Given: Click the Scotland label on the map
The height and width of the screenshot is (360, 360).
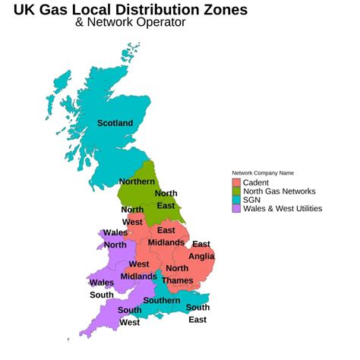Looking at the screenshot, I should [x=115, y=123].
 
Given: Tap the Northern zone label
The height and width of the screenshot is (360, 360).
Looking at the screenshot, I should [x=137, y=182].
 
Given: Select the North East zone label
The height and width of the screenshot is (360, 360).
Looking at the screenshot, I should [x=166, y=199].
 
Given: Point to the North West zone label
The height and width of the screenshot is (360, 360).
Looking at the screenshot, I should [x=132, y=216].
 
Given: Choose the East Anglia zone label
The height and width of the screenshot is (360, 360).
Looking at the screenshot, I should [x=201, y=250].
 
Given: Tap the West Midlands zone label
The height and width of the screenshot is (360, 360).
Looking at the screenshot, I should [x=138, y=270].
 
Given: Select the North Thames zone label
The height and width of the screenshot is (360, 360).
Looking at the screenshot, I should [x=177, y=274].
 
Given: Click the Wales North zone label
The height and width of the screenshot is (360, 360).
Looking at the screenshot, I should [x=115, y=238].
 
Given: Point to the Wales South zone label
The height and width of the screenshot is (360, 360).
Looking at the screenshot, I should [x=101, y=289].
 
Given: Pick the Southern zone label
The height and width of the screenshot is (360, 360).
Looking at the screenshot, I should [x=162, y=301].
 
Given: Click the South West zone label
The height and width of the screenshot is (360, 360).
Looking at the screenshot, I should [x=129, y=316].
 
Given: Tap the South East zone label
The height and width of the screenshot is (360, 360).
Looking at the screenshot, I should [x=197, y=313].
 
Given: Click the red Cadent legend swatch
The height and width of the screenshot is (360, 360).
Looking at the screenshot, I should [x=236, y=182].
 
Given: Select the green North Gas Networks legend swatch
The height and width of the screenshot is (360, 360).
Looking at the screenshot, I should [x=236, y=191].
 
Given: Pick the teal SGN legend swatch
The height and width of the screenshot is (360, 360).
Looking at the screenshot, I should [x=236, y=200].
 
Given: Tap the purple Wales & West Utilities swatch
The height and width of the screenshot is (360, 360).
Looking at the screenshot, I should [x=236, y=208].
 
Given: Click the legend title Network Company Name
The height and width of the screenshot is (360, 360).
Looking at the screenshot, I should [x=263, y=172].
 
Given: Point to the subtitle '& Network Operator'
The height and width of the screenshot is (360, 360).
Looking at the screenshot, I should [x=130, y=23].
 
